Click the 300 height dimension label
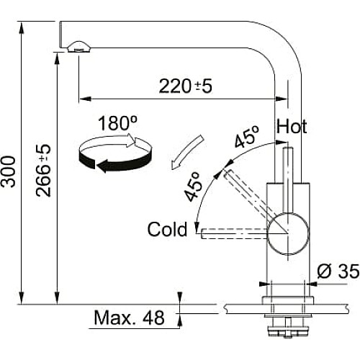coord(9,171)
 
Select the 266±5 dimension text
coord(43,171)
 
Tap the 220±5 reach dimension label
coord(186,86)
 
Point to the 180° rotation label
coord(117,123)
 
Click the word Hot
coord(292,127)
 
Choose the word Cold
coord(167,229)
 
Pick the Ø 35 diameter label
coord(338,271)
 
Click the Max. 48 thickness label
coord(130,318)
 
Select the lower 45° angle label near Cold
coord(193,186)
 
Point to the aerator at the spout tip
coord(78,46)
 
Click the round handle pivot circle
coord(288,233)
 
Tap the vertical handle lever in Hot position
coord(287,180)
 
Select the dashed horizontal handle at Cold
coord(235,233)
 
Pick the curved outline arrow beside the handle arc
coord(186,153)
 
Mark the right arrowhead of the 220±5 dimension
coord(282,99)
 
